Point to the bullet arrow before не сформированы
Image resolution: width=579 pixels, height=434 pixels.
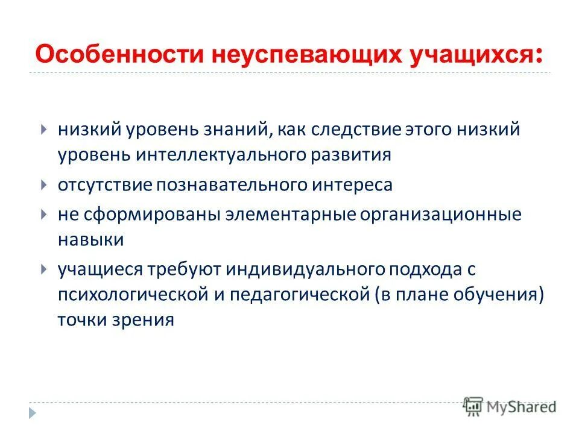44,214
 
